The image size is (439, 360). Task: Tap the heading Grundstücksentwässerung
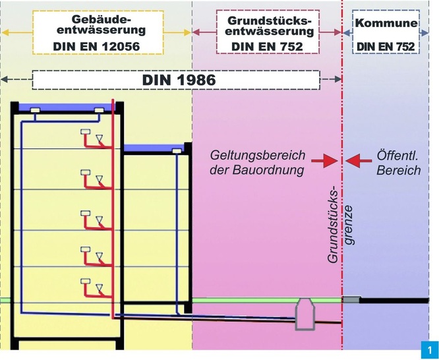point(268,26)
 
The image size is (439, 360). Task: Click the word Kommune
point(386,24)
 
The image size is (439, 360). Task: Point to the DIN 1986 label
point(179,80)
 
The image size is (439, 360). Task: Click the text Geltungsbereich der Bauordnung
point(258,162)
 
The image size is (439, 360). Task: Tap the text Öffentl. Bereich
point(398,162)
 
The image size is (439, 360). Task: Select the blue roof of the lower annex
point(156,148)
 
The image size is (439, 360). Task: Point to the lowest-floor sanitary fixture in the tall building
point(92,285)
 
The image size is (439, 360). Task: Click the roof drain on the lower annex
point(177,152)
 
